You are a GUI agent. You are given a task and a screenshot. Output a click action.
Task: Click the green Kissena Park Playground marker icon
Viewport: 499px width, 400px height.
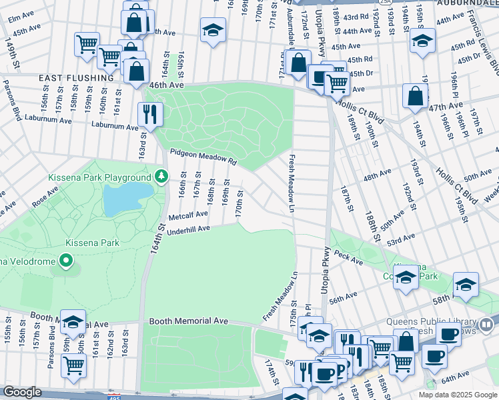(x=161, y=177)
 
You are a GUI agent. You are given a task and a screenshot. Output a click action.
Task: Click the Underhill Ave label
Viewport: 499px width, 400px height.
(x=189, y=229)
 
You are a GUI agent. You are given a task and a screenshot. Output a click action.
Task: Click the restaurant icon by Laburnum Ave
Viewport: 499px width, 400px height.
(x=150, y=114)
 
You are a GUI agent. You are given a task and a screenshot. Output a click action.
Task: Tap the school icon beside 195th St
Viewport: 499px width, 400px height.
(x=422, y=41)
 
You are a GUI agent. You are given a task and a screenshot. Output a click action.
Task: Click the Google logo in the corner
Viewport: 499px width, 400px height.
(x=23, y=392)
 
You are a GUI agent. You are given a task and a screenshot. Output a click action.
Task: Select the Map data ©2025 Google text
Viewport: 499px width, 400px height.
(x=458, y=395)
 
